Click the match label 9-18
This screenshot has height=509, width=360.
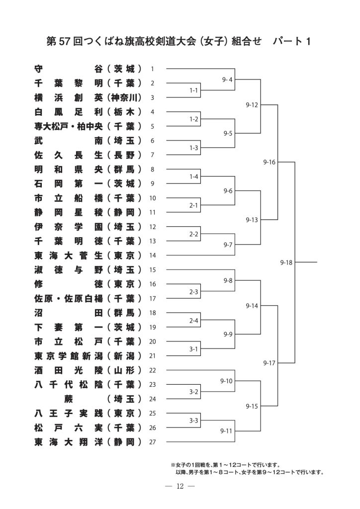click(286, 262)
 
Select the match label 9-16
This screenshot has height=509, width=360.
click(270, 162)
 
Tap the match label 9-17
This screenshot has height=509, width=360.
click(270, 363)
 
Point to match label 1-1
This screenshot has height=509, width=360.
click(194, 91)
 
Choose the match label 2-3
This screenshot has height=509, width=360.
click(194, 292)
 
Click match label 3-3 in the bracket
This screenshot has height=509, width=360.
click(194, 421)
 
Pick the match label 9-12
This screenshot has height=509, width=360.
click(252, 105)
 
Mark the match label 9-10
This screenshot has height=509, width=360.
click(227, 381)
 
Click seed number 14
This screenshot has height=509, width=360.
click(153, 255)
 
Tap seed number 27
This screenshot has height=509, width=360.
click(153, 442)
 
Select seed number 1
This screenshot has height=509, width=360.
click(153, 69)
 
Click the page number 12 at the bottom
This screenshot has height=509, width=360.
click(180, 486)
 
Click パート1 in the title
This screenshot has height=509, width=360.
click(292, 41)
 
